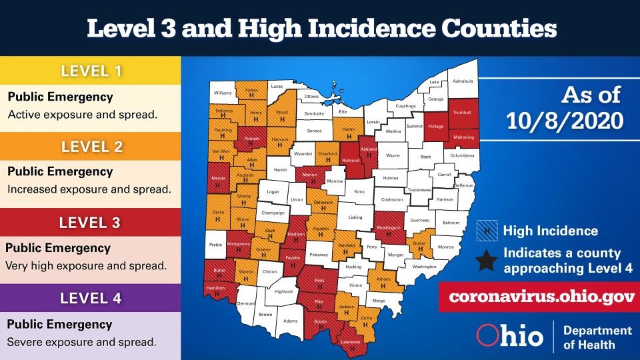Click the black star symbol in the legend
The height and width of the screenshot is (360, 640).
click(x=487, y=261)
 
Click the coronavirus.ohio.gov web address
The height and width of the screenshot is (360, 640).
click(x=536, y=297)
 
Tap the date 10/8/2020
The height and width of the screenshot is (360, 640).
click(x=565, y=121)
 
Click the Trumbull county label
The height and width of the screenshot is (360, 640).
click(x=461, y=112)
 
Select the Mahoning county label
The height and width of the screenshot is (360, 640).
click(x=463, y=137)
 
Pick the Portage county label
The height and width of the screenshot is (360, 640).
click(x=435, y=126)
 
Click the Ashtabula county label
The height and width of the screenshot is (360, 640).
click(x=462, y=81)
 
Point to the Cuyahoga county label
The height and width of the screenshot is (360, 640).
click(x=405, y=105)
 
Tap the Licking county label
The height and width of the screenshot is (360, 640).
click(x=355, y=217)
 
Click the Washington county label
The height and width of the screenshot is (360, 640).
click(x=424, y=267)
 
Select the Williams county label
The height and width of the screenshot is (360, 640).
click(x=223, y=93)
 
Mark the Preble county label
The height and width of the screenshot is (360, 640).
click(x=215, y=245)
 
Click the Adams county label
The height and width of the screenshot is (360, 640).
click(x=290, y=321)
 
